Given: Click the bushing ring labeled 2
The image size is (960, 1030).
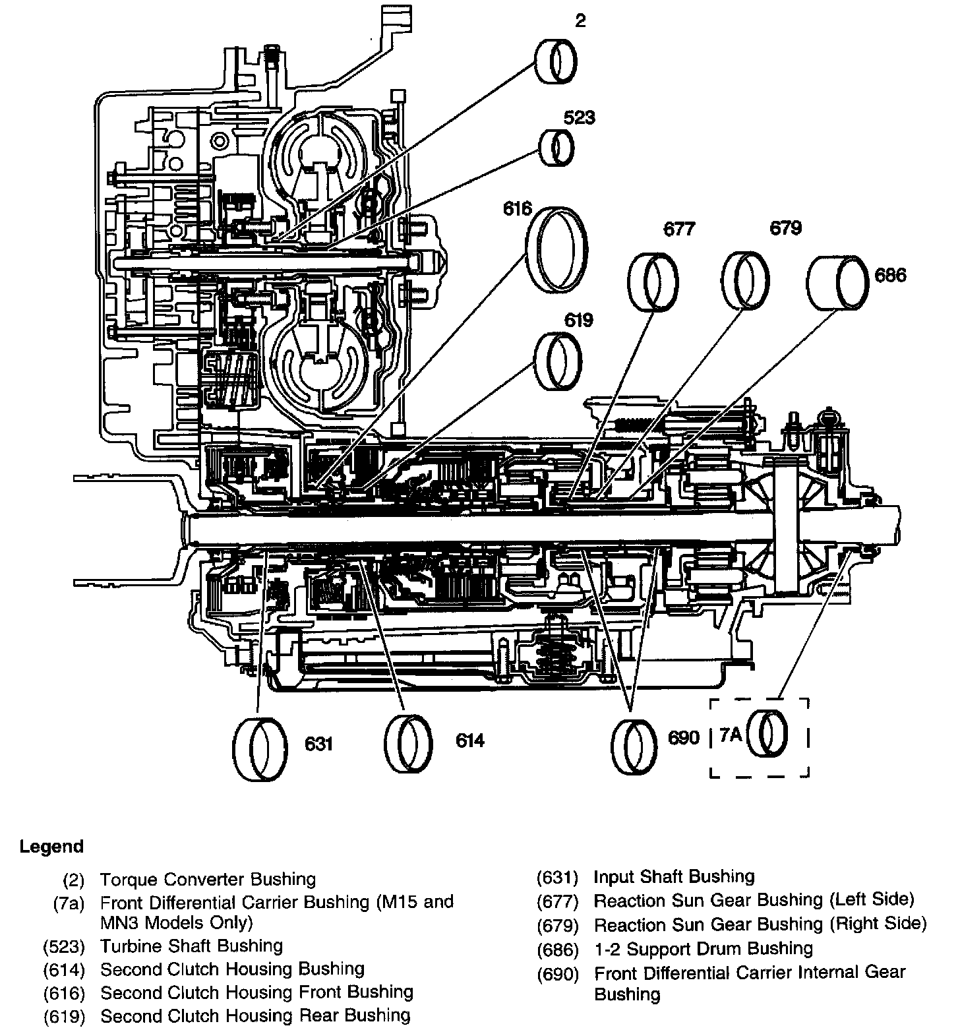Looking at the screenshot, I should [555, 61].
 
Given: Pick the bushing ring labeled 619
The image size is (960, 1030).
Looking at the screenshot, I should [560, 361].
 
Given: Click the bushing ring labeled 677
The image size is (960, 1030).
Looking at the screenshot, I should [652, 282].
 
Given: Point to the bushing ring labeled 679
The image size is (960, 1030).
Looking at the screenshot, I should [744, 280].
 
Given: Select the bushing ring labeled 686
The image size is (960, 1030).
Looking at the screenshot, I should [837, 282].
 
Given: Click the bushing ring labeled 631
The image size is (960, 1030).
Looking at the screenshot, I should [260, 748].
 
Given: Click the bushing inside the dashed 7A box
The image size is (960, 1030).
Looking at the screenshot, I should [771, 734].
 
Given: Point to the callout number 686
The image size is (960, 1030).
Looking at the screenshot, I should [890, 275].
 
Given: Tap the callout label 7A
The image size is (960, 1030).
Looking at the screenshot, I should [731, 735].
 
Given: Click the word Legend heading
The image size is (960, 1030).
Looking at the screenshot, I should [51, 846].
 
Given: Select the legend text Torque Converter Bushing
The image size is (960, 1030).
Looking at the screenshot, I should [208, 879].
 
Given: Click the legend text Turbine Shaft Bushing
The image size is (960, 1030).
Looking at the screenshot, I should [191, 946].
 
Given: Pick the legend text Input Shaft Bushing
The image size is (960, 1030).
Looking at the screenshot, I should [674, 876].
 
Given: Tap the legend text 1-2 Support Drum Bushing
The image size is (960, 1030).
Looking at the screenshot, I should [703, 948].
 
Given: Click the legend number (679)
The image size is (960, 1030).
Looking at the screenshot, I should [557, 924].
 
